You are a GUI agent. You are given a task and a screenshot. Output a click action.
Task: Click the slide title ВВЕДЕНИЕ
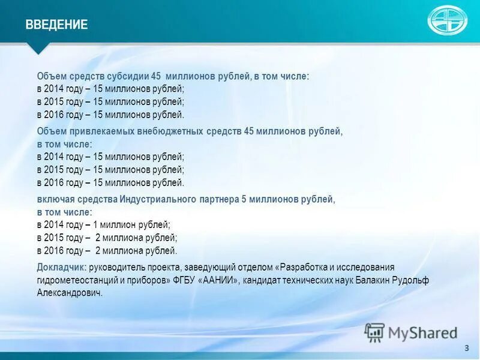(56, 25)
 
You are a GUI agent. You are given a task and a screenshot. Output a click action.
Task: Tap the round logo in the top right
(446, 20)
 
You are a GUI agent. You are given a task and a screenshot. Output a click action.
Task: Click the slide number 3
(466, 349)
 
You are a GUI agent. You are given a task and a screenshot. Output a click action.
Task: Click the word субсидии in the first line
(127, 77)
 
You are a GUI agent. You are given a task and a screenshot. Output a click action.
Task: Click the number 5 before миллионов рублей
(244, 199)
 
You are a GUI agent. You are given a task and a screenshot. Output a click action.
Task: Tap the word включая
(54, 199)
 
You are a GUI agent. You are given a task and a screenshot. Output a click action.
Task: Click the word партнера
(219, 199)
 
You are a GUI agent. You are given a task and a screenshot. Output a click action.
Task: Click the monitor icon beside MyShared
(374, 332)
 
